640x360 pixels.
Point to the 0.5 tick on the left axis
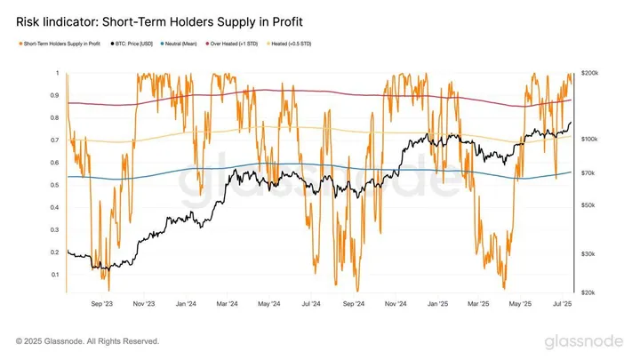(x=55, y=185)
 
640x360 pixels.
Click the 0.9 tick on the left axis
(x=55, y=95)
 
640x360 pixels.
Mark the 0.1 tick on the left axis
(x=55, y=275)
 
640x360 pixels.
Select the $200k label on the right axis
(x=591, y=73)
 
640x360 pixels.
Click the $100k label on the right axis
(x=591, y=140)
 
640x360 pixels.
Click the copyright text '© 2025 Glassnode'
(x=87, y=341)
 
